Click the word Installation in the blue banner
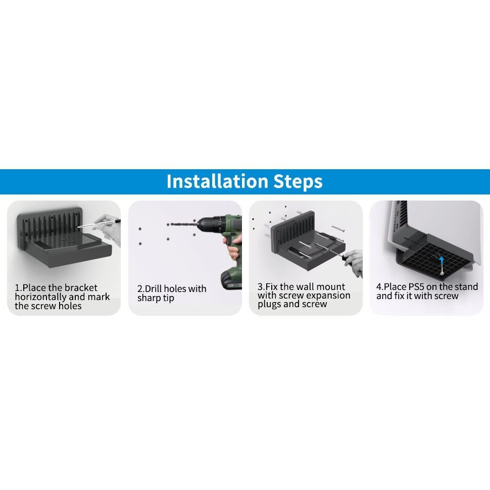point(217,181)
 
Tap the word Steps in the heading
point(298,182)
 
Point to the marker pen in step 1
point(99,224)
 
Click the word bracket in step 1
point(80,287)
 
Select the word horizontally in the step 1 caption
point(40,297)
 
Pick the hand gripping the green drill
point(234,247)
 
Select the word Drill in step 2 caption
point(153,288)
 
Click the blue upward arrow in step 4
point(441,262)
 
